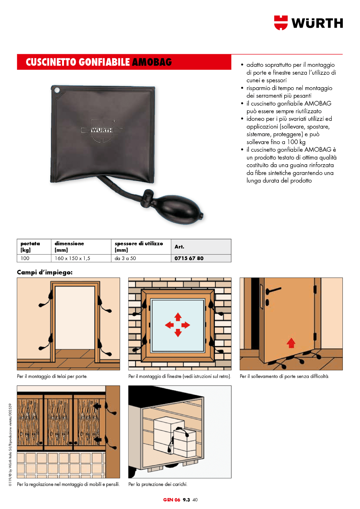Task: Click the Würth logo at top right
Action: [x=308, y=23]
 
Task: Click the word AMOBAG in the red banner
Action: [x=152, y=62]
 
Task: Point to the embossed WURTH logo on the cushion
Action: [x=102, y=130]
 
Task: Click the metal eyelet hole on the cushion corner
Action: [x=57, y=90]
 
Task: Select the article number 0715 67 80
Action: [x=189, y=258]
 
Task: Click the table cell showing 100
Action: [x=25, y=258]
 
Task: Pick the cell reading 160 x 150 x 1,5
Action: [x=72, y=258]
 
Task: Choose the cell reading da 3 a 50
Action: [x=125, y=258]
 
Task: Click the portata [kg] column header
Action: [x=30, y=247]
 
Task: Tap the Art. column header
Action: [x=179, y=247]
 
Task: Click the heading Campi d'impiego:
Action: [x=45, y=272]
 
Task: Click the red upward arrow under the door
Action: [x=291, y=343]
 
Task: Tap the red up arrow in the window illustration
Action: [x=178, y=317]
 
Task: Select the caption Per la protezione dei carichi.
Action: [x=158, y=484]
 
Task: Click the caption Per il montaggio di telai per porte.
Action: [x=52, y=376]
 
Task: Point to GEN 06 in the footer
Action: [x=172, y=500]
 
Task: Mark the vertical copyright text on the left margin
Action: [x=10, y=444]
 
